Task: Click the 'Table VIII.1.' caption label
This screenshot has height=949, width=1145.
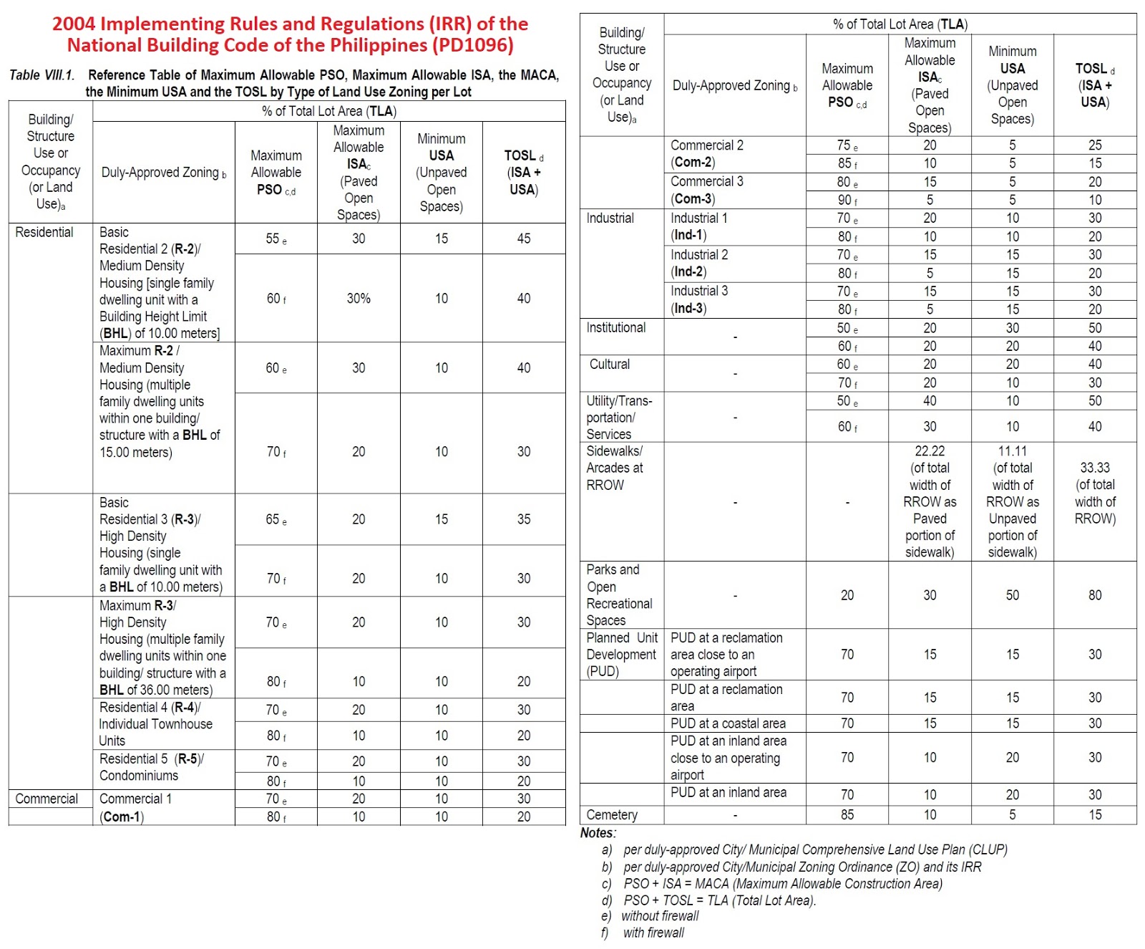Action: point(42,75)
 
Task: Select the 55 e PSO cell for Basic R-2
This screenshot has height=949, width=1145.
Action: point(276,239)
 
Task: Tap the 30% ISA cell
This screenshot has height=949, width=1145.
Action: point(359,298)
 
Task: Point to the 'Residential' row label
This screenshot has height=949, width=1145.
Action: point(44,232)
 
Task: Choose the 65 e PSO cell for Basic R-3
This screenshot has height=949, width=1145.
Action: point(276,519)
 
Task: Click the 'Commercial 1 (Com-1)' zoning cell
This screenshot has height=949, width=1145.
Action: point(135,807)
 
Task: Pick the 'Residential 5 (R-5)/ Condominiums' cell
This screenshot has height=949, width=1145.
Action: point(151,767)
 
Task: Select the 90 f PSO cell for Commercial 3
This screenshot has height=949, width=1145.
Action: point(847,200)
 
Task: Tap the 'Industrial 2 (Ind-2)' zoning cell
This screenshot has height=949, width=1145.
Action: point(698,263)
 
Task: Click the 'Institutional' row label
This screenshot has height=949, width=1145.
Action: point(615,327)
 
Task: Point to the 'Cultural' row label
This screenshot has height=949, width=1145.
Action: point(610,364)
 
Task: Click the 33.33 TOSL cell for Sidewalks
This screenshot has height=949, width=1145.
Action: point(1095,493)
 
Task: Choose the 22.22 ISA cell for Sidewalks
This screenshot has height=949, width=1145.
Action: point(930,501)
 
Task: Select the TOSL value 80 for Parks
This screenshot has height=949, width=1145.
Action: point(1095,595)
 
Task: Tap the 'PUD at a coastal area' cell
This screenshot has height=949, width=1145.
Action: point(728,723)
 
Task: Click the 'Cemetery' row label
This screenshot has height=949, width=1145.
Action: point(612,814)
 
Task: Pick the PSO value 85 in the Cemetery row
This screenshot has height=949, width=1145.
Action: point(847,814)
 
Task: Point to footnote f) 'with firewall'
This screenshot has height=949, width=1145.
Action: point(653,933)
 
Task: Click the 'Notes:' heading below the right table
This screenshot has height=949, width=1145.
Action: point(598,833)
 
